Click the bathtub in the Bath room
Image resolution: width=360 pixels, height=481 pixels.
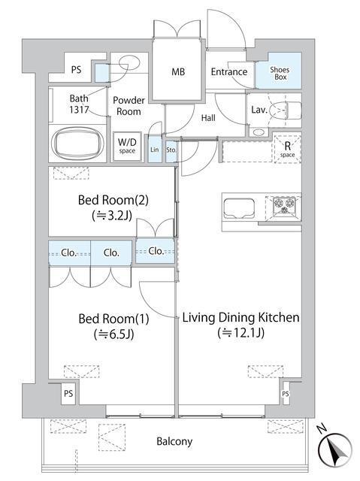77,144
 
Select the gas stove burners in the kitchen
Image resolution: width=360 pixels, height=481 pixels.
284,205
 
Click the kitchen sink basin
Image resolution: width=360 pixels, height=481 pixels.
239,209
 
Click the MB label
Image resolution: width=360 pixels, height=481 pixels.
178,72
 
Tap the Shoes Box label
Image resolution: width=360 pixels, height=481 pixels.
280,74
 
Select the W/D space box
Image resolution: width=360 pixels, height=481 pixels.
127,146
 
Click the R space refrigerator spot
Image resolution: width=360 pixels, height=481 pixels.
287,149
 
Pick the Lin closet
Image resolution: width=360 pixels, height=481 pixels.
155,149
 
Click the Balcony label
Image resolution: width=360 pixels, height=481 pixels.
174,441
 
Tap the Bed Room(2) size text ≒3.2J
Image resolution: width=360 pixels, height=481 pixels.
112,216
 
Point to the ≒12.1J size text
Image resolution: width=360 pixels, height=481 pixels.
241,332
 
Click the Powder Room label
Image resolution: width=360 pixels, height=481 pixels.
129,106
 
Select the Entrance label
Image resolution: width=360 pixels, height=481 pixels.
229,72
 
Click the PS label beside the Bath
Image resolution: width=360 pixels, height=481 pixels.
77,70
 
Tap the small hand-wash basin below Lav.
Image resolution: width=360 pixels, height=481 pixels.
259,132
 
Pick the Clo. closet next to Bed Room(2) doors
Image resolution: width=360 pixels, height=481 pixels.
155,251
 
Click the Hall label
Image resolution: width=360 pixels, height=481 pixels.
208,118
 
